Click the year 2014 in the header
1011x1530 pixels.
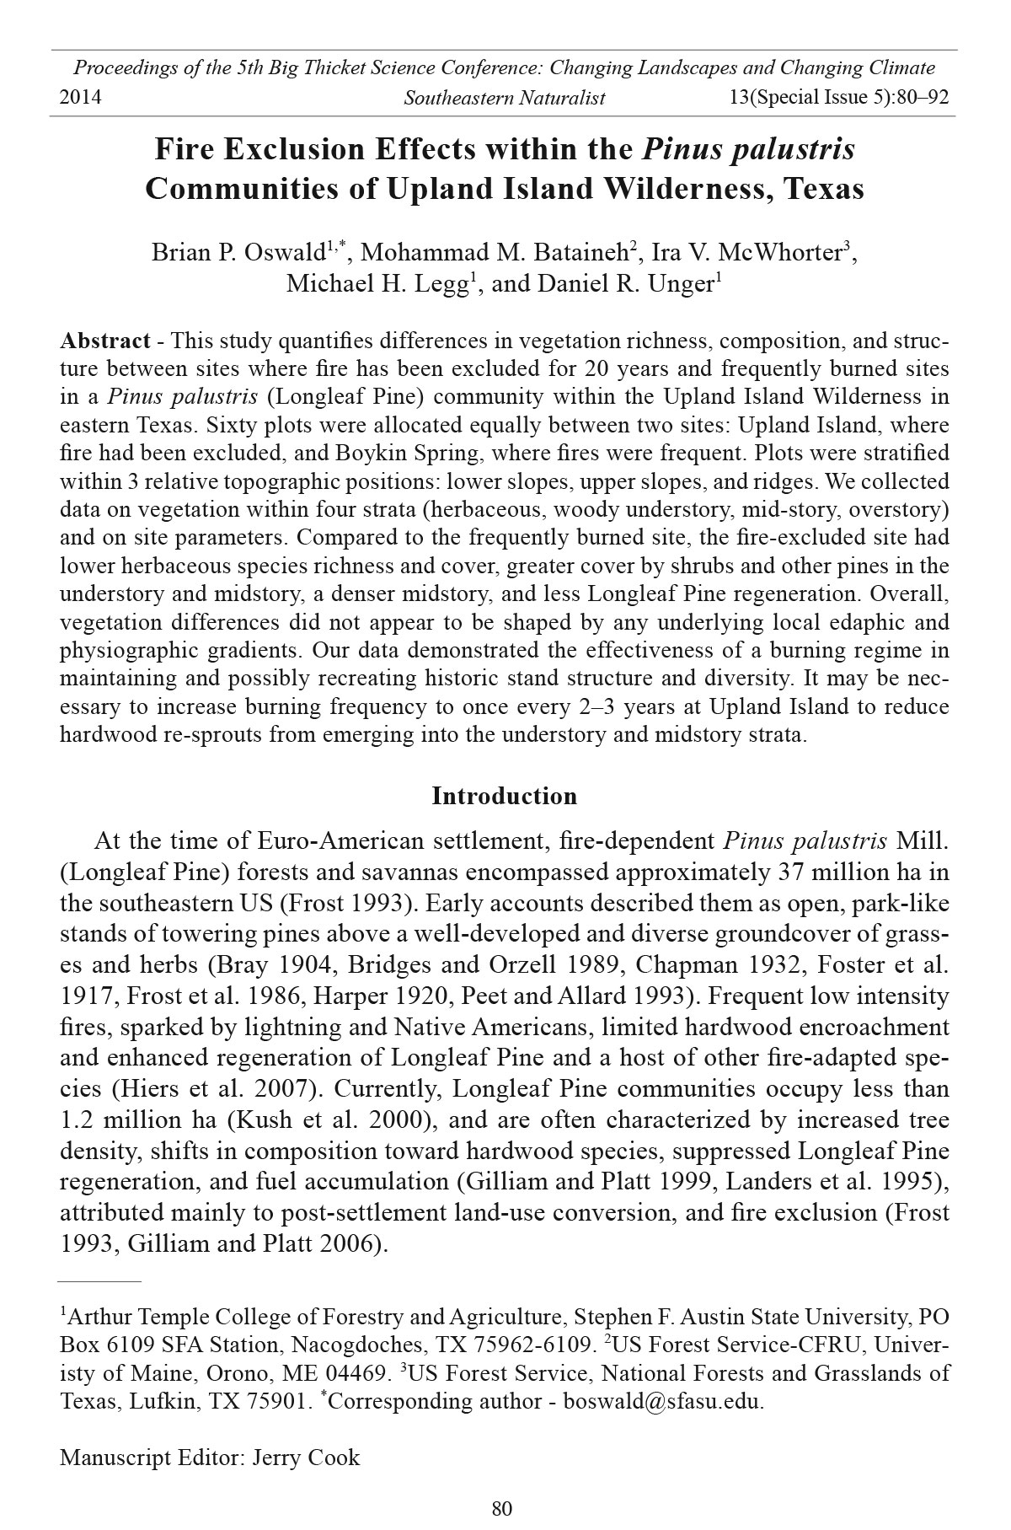pos(81,98)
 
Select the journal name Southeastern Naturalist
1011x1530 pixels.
pos(505,98)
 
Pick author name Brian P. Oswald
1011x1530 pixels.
pos(238,252)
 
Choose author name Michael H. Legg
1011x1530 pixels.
pos(377,283)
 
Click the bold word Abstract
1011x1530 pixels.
pos(105,341)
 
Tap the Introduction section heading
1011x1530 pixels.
pos(505,796)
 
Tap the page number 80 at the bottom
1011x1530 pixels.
pos(502,1509)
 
